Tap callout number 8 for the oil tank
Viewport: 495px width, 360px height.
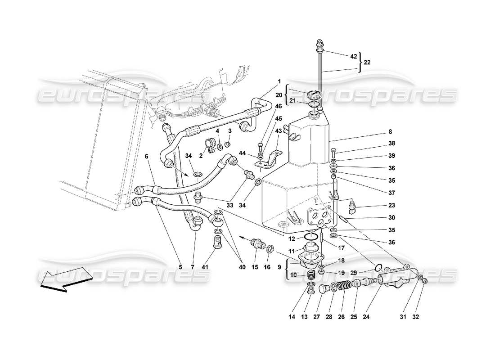coord(390,132)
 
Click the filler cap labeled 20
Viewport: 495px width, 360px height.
coord(312,96)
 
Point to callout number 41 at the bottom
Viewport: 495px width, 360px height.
coord(217,267)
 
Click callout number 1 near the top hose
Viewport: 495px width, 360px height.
coord(279,81)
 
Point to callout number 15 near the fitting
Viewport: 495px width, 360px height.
coord(254,267)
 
